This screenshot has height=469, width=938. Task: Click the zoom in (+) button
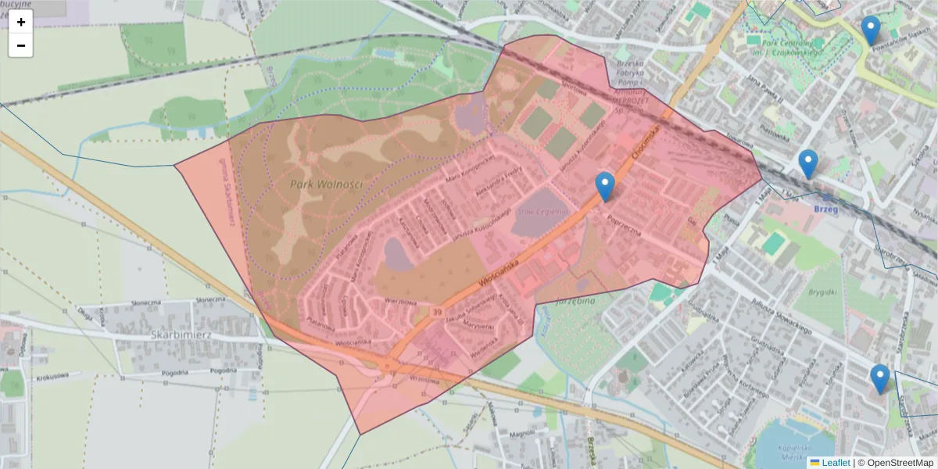coord(21,22)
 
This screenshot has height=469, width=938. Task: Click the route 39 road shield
coord(435,312)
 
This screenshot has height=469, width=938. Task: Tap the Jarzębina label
coord(576,300)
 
